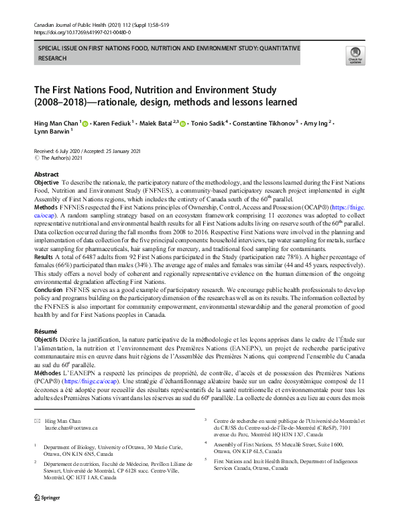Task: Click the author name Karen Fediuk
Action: pyautogui.click(x=114, y=123)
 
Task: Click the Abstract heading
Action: pyautogui.click(x=46, y=174)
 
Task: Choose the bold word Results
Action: pyautogui.click(x=44, y=258)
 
